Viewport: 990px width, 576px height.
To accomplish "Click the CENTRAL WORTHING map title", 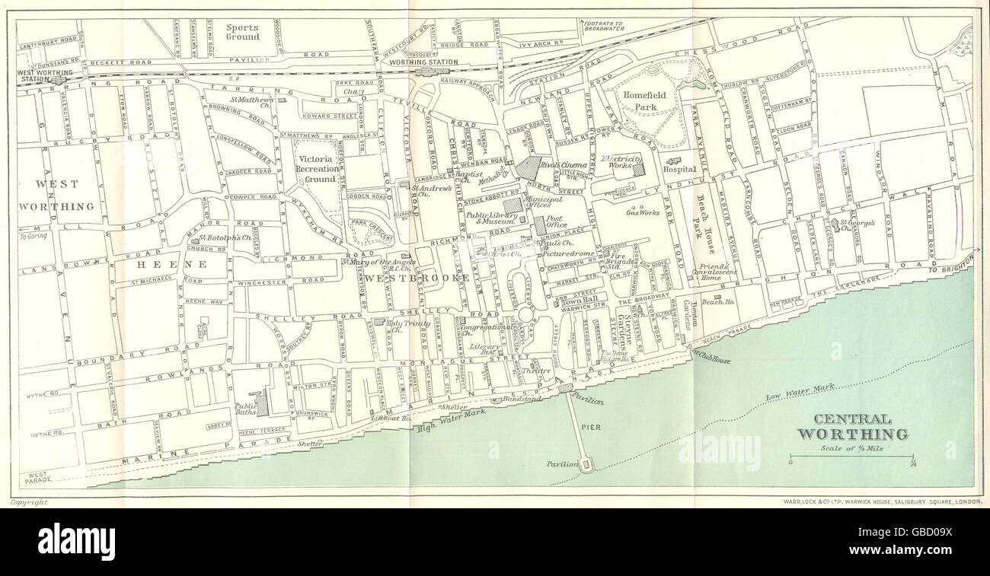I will [852, 427].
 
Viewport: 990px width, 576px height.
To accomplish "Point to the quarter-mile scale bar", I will [851, 457].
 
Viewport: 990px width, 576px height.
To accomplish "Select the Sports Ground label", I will [242, 32].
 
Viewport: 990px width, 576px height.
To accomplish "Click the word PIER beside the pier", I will [591, 428].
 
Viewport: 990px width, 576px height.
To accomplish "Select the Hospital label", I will [679, 170].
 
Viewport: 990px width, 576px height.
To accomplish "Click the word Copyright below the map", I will [29, 502].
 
